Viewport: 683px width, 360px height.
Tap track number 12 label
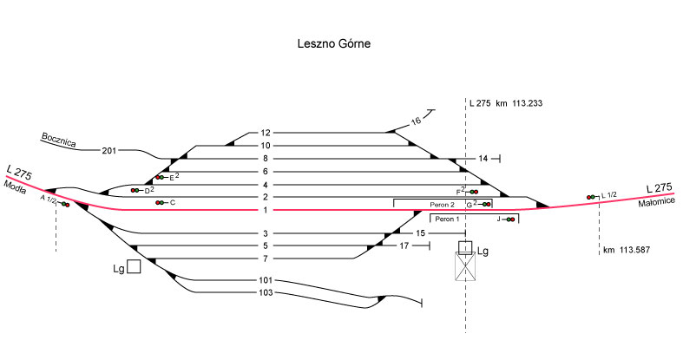tap(266, 133)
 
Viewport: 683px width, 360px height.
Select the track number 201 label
tap(108, 151)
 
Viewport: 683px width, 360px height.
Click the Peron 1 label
tap(450, 219)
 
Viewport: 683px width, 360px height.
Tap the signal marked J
tap(509, 219)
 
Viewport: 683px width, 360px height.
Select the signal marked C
tap(160, 203)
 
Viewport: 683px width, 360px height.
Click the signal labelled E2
tap(161, 177)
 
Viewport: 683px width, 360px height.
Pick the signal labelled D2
tap(135, 190)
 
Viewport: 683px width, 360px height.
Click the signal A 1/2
tap(65, 204)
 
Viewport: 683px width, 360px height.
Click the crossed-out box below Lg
tap(466, 267)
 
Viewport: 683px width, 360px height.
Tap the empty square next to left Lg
tap(134, 266)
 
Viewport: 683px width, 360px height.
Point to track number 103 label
tap(266, 292)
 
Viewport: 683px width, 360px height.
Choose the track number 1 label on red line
tap(266, 211)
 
